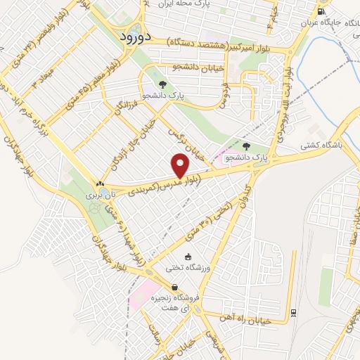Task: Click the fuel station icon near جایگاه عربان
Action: click(321, 11)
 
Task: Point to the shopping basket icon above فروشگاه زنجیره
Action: click(174, 286)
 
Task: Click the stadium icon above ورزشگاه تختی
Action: click(188, 257)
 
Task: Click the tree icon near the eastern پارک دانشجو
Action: click(245, 147)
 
